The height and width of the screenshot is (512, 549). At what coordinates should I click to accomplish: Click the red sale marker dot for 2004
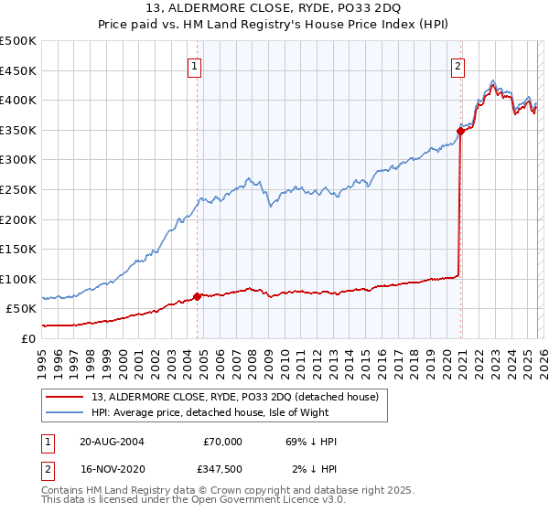[198, 296]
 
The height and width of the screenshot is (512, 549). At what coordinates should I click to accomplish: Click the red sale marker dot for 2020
[460, 132]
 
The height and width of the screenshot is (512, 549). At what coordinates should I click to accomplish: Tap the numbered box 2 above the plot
[457, 65]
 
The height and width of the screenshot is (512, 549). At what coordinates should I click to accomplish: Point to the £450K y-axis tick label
[18, 70]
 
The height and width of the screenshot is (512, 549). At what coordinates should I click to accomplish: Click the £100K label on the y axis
[18, 279]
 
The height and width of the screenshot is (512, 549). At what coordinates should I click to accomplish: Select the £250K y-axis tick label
[18, 189]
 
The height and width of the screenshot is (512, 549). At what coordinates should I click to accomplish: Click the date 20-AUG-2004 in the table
[112, 441]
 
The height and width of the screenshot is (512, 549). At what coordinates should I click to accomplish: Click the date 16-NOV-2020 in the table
[112, 470]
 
